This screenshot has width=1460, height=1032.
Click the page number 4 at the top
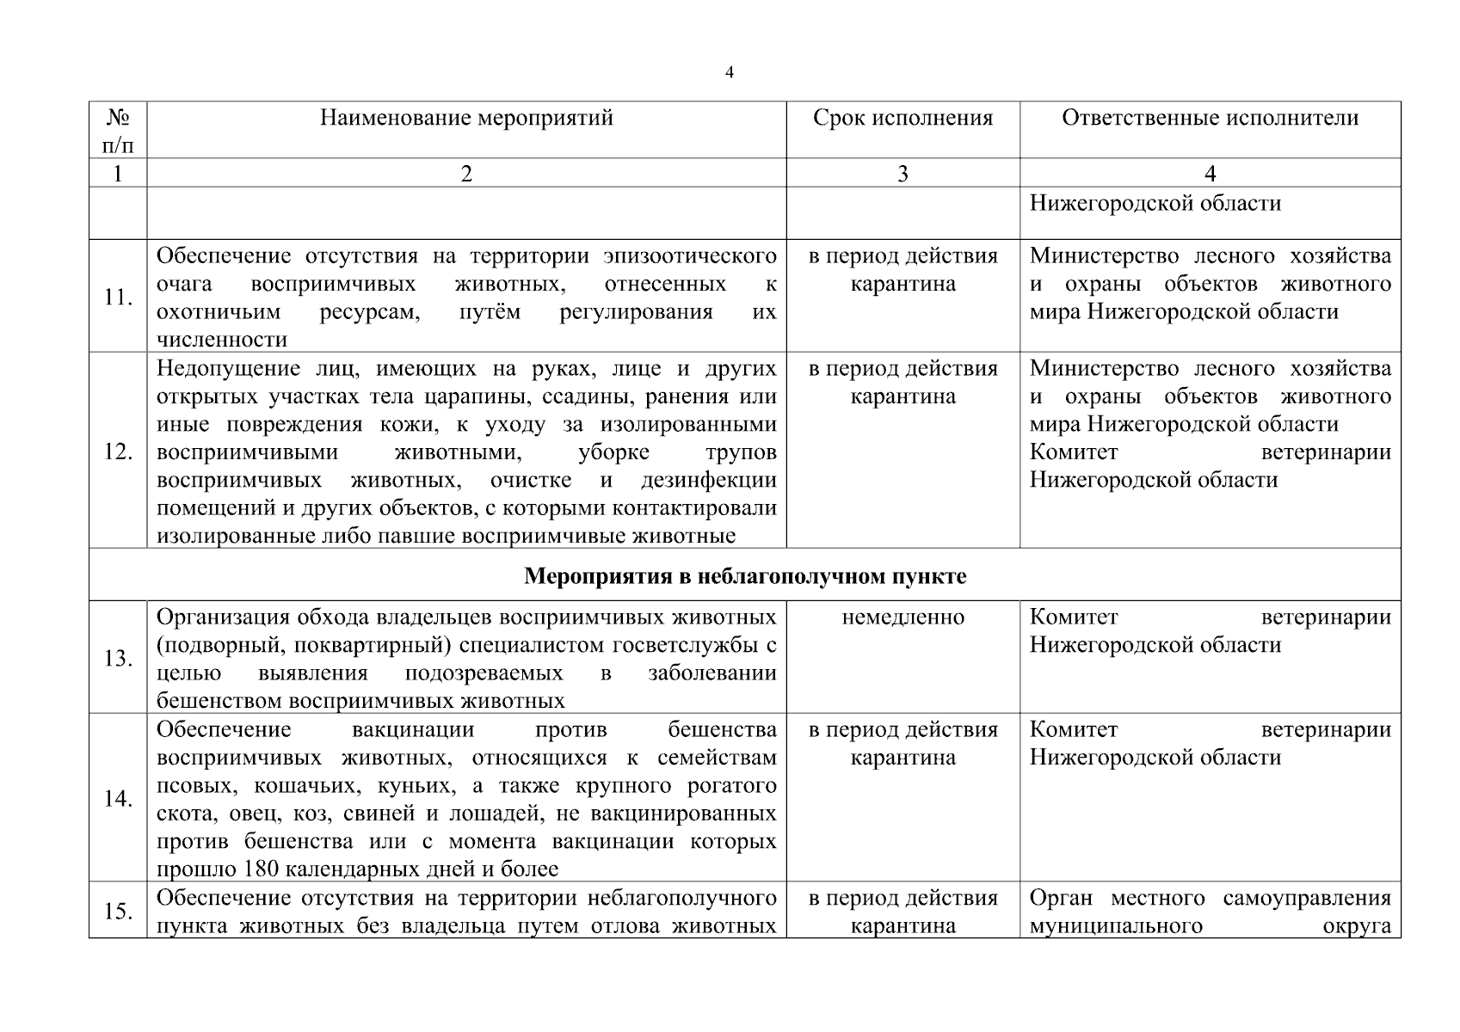tap(730, 73)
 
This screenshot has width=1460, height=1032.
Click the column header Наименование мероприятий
tap(466, 118)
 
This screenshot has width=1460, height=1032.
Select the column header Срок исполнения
tap(902, 118)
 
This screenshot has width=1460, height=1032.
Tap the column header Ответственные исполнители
tap(1210, 118)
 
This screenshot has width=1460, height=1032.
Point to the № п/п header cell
tap(118, 130)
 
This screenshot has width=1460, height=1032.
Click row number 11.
tap(118, 298)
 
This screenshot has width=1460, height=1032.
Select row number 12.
tap(118, 451)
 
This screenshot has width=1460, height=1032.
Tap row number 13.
tap(118, 659)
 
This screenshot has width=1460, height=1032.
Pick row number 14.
tap(118, 799)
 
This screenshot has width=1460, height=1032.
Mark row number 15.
tap(118, 912)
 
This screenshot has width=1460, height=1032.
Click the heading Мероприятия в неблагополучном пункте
tap(745, 576)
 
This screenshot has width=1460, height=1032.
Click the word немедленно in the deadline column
tap(902, 617)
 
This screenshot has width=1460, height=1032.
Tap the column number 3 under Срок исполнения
tap(902, 174)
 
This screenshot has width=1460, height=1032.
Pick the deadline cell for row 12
tap(902, 383)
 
